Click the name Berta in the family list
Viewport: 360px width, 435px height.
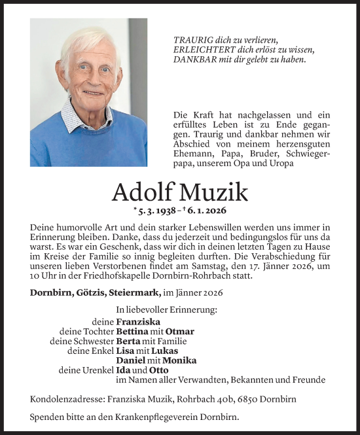tap(128, 341)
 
